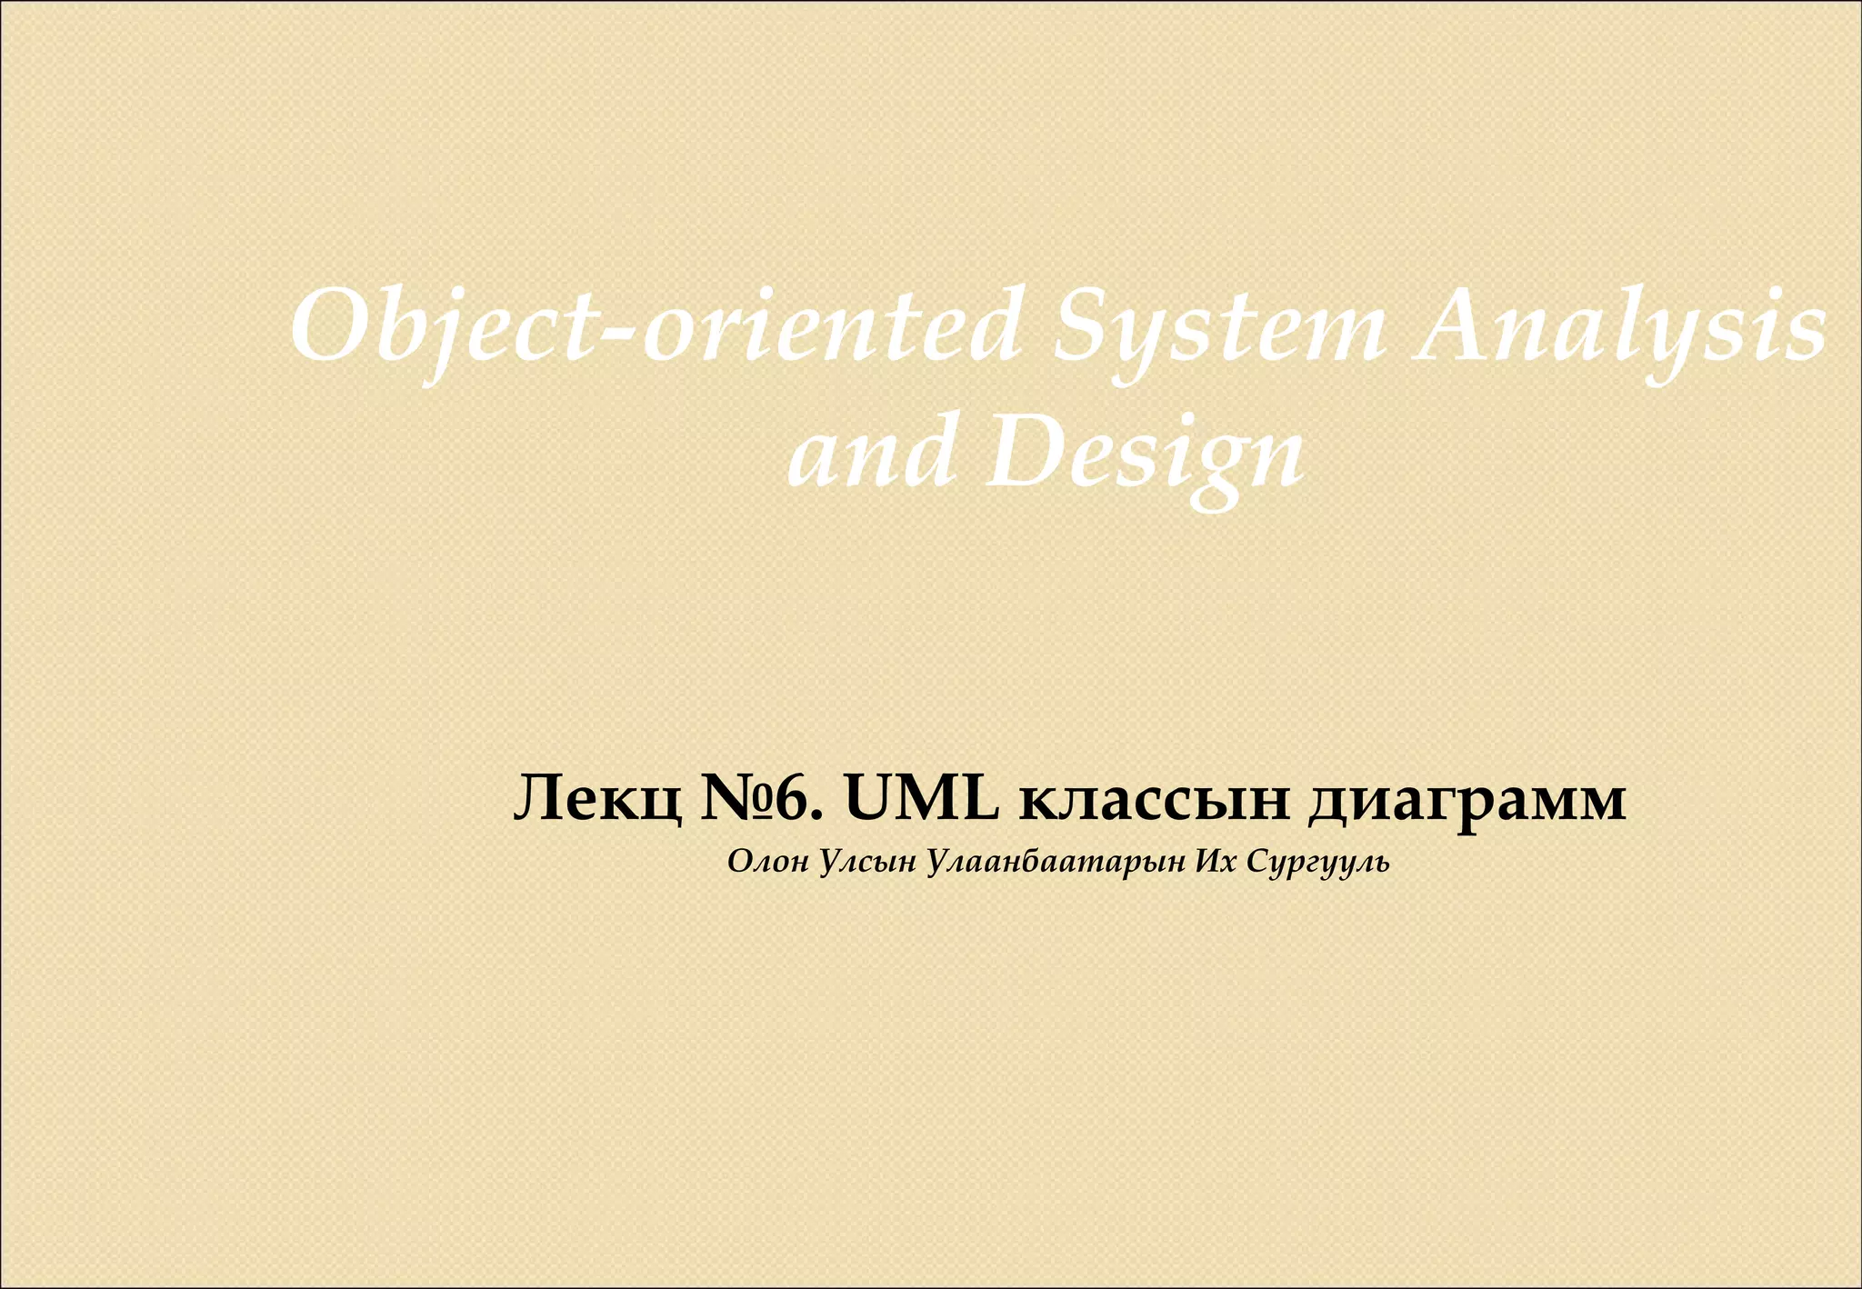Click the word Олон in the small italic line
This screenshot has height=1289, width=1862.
pos(768,862)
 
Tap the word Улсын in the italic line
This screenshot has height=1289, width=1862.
pos(868,862)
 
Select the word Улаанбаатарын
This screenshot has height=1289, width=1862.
pos(1056,862)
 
